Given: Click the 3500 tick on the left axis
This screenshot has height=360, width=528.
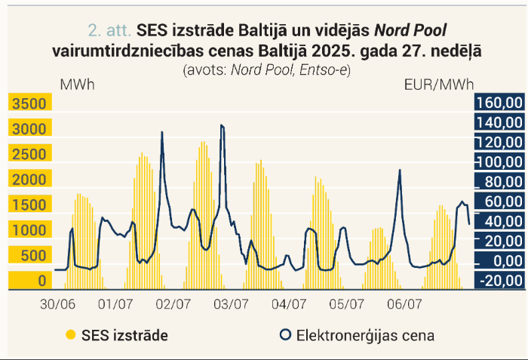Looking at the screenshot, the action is (29, 103).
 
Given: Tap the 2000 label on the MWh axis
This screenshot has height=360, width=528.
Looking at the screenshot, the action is (29, 180).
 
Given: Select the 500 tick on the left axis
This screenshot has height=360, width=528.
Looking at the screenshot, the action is (33, 256).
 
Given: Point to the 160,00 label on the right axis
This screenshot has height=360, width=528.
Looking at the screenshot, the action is (499, 103).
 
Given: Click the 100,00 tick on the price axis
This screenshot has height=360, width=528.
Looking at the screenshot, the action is (499, 162).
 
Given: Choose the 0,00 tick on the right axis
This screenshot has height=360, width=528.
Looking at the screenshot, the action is (508, 261).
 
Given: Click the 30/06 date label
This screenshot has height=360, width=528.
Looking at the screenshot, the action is (57, 304).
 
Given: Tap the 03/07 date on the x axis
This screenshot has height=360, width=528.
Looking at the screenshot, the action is (231, 304).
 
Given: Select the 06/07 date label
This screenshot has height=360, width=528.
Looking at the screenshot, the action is (404, 304).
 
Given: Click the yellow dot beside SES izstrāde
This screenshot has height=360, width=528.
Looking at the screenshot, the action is (71, 335).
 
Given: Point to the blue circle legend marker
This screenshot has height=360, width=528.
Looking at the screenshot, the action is (286, 335).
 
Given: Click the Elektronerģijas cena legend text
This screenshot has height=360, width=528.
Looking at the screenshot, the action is (365, 335).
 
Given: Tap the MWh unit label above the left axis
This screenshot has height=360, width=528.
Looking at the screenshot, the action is (77, 85).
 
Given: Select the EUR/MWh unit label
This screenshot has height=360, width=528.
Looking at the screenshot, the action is (439, 85).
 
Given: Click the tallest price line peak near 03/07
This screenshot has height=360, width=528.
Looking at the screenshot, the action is (221, 125).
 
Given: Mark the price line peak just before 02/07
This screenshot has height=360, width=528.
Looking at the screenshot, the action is (162, 132).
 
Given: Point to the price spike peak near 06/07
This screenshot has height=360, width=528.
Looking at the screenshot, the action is (400, 170).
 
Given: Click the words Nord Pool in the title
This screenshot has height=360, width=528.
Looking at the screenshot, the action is (410, 30).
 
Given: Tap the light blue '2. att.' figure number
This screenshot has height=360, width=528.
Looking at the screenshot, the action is (109, 30).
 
